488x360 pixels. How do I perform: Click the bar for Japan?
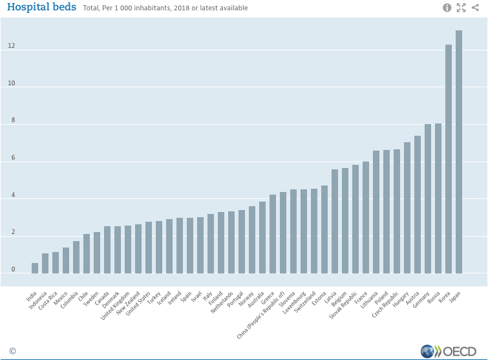pyautogui.click(x=459, y=152)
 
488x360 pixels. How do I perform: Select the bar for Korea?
pyautogui.click(x=449, y=159)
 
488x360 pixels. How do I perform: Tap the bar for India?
pyautogui.click(x=35, y=268)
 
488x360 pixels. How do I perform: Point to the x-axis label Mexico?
pyautogui.click(x=61, y=299)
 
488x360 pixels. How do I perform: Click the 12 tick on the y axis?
pyautogui.click(x=12, y=47)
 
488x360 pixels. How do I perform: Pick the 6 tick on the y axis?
pyautogui.click(x=12, y=158)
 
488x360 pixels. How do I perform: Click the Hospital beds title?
pyautogui.click(x=41, y=8)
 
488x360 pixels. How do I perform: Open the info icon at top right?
pyautogui.click(x=447, y=8)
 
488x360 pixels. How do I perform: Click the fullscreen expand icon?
pyautogui.click(x=461, y=8)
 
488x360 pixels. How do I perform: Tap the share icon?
pyautogui.click(x=476, y=8)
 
